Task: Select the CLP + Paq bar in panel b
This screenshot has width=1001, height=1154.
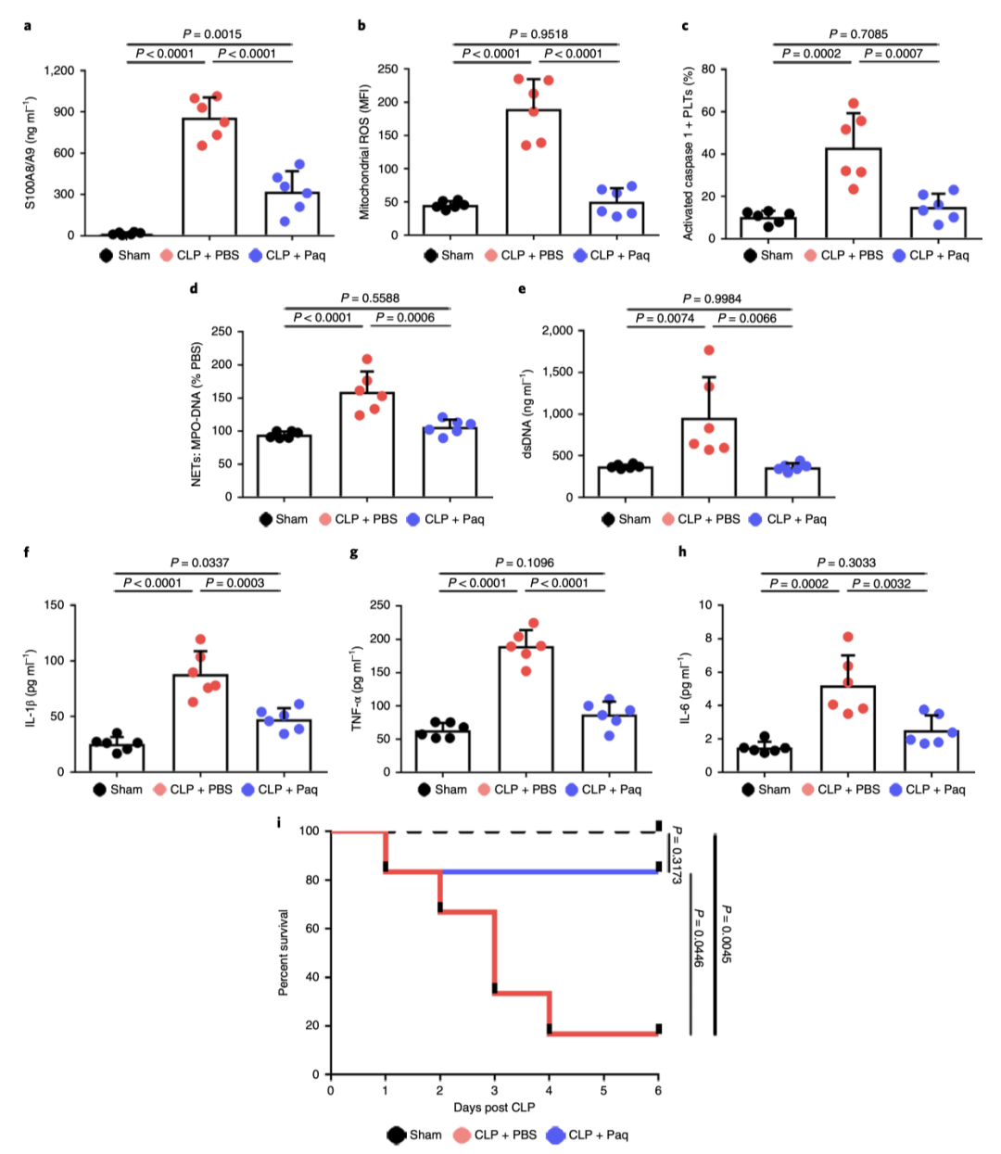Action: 616,219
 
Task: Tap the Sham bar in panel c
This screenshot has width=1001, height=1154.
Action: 768,227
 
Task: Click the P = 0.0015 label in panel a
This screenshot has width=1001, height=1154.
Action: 212,34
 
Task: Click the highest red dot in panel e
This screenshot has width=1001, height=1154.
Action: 709,350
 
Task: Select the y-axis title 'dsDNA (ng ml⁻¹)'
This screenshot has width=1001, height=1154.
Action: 527,414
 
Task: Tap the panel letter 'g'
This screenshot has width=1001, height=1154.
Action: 354,552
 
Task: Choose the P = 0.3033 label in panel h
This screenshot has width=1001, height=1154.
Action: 846,563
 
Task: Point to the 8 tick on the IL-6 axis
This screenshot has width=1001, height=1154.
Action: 706,639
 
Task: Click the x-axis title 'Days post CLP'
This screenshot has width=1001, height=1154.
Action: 494,1107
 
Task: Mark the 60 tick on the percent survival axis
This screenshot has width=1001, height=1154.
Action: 313,929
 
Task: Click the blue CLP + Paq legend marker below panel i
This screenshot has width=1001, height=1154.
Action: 555,1135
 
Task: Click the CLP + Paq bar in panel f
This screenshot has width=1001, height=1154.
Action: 284,745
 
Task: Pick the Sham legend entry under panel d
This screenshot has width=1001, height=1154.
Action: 284,519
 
